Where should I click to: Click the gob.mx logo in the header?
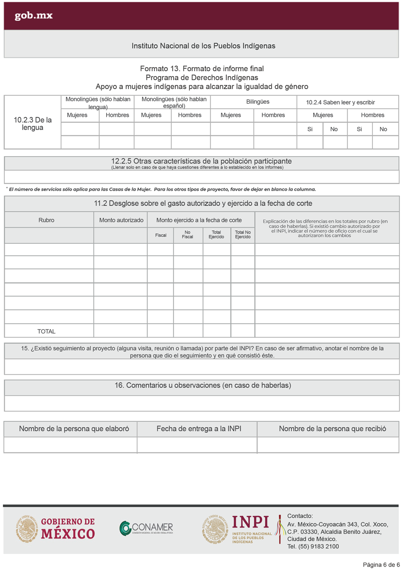34,16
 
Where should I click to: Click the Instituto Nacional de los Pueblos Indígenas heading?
203,46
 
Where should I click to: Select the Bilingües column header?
253,102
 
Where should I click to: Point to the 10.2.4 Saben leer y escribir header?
340,102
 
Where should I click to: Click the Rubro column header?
46,220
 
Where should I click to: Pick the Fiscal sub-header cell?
161,235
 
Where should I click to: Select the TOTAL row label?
46,331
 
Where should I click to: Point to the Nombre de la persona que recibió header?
333,429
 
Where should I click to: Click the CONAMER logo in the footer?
146,527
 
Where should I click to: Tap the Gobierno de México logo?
56,529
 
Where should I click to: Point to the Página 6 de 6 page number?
381,565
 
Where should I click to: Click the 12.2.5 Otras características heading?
201,161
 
